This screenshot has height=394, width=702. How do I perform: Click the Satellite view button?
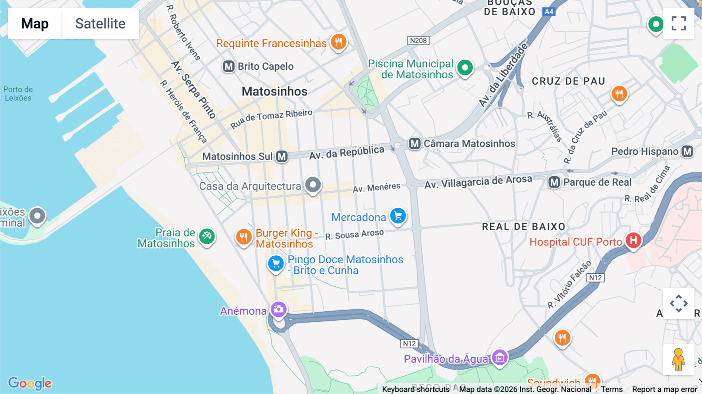click(x=100, y=23)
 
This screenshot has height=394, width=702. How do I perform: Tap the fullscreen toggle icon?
click(x=679, y=23)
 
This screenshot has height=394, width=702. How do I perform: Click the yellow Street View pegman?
click(x=678, y=360)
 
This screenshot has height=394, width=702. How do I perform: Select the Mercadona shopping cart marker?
click(x=398, y=216)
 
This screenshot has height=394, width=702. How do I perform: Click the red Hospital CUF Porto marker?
click(x=633, y=240)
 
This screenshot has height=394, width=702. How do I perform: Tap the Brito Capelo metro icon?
click(x=229, y=66)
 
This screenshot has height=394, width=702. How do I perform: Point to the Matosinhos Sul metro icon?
click(x=282, y=157)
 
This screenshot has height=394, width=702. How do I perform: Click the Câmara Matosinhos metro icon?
click(x=415, y=144)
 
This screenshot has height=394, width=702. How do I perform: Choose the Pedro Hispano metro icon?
click(x=687, y=151)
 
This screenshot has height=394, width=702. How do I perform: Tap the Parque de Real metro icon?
click(x=554, y=182)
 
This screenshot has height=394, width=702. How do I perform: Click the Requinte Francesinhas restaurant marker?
click(x=339, y=41)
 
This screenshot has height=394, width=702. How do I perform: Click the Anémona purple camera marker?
click(x=278, y=310)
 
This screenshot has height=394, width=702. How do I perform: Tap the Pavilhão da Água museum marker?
click(x=500, y=357)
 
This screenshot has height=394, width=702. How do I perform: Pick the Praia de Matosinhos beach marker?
click(x=207, y=236)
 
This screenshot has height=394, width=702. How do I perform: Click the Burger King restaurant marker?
click(x=244, y=236)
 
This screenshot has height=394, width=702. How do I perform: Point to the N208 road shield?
click(x=418, y=41)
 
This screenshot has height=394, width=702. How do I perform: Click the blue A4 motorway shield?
click(x=549, y=12)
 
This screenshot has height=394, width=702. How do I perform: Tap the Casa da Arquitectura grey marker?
click(x=313, y=185)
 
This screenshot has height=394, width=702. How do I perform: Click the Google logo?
click(x=30, y=383)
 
